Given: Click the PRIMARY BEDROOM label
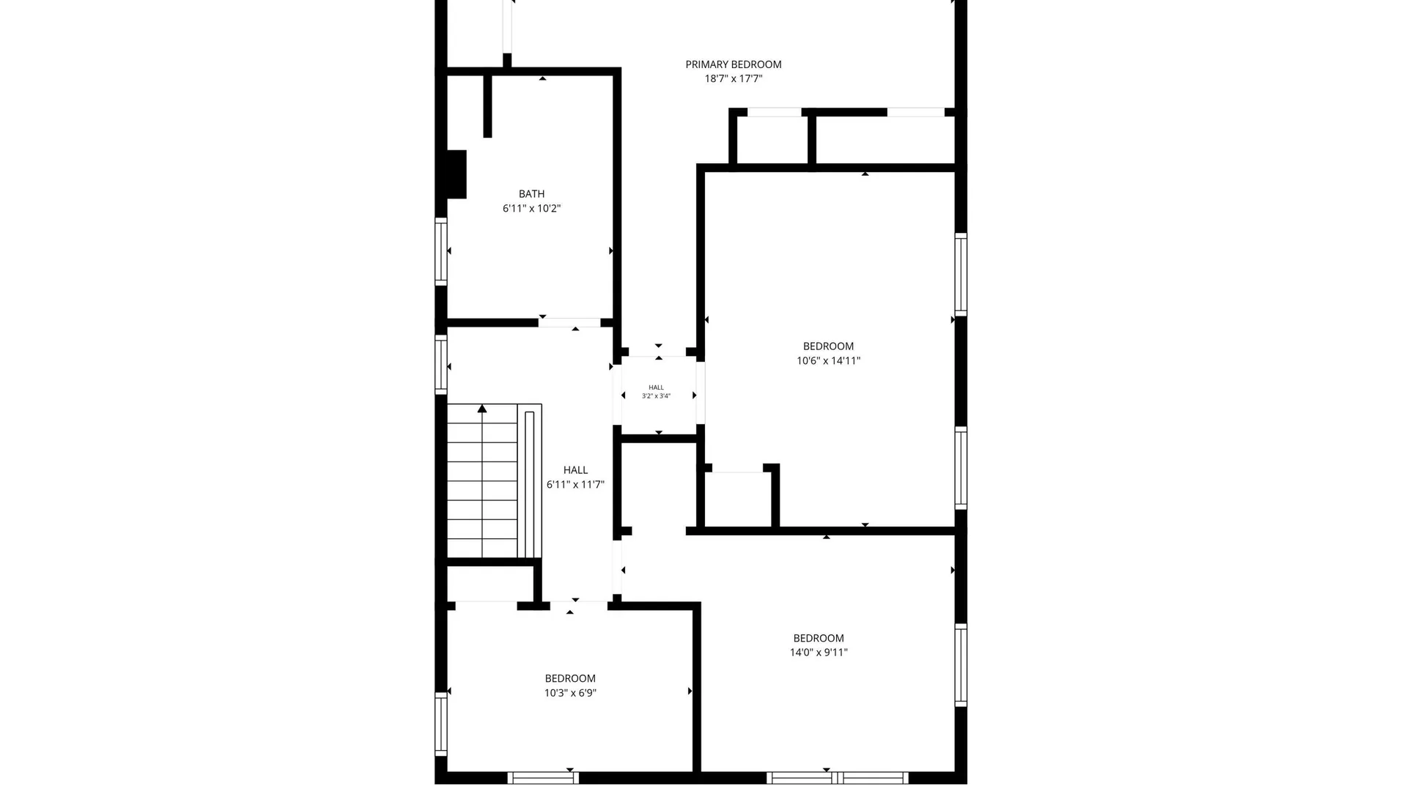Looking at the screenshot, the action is (734, 64).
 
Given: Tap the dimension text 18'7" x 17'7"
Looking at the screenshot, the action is (734, 78).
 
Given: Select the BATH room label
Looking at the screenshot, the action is (532, 194).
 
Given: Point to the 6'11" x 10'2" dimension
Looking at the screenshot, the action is (532, 208).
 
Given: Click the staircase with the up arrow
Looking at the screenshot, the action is (494, 481).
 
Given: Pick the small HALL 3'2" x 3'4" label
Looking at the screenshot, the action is (657, 392).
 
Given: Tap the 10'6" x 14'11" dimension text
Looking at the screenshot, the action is (829, 360).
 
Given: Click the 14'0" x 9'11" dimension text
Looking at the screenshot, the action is (819, 653).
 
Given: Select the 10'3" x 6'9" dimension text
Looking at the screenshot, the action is (570, 693).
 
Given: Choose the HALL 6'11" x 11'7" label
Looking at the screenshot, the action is (575, 477).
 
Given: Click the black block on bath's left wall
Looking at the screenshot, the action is (457, 174).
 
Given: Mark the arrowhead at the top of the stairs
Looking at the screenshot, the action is (482, 409).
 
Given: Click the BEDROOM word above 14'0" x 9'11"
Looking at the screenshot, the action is (819, 638).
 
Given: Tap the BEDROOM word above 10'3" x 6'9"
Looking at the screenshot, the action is (570, 678).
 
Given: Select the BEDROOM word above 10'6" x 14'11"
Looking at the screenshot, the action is (829, 346).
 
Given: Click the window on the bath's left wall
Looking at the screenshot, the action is (440, 251).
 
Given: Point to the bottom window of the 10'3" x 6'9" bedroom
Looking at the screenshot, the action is (542, 778).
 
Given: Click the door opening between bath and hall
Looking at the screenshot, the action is (569, 322).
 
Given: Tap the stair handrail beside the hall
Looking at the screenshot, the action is (530, 484).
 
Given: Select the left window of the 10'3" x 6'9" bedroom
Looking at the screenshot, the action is (440, 724).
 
